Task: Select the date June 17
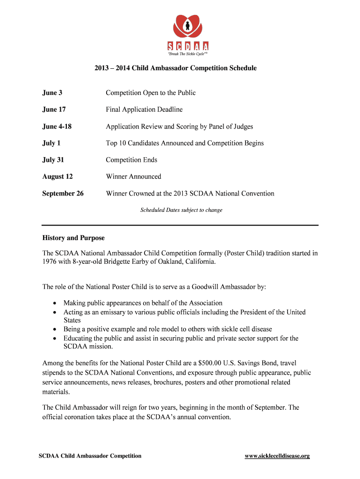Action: point(54,109)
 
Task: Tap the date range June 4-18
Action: point(57,126)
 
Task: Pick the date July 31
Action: point(53,160)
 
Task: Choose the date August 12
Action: point(58,177)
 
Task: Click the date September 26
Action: point(63,194)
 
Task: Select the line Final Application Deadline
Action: point(144,109)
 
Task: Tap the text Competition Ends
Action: point(131,160)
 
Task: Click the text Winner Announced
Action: point(134,177)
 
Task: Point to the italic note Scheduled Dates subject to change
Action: point(181,210)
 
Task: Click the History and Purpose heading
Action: point(73,238)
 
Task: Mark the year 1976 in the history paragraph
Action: point(50,262)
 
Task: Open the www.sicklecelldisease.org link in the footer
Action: point(277,456)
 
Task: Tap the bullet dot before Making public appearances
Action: point(55,303)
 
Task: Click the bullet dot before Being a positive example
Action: point(55,329)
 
